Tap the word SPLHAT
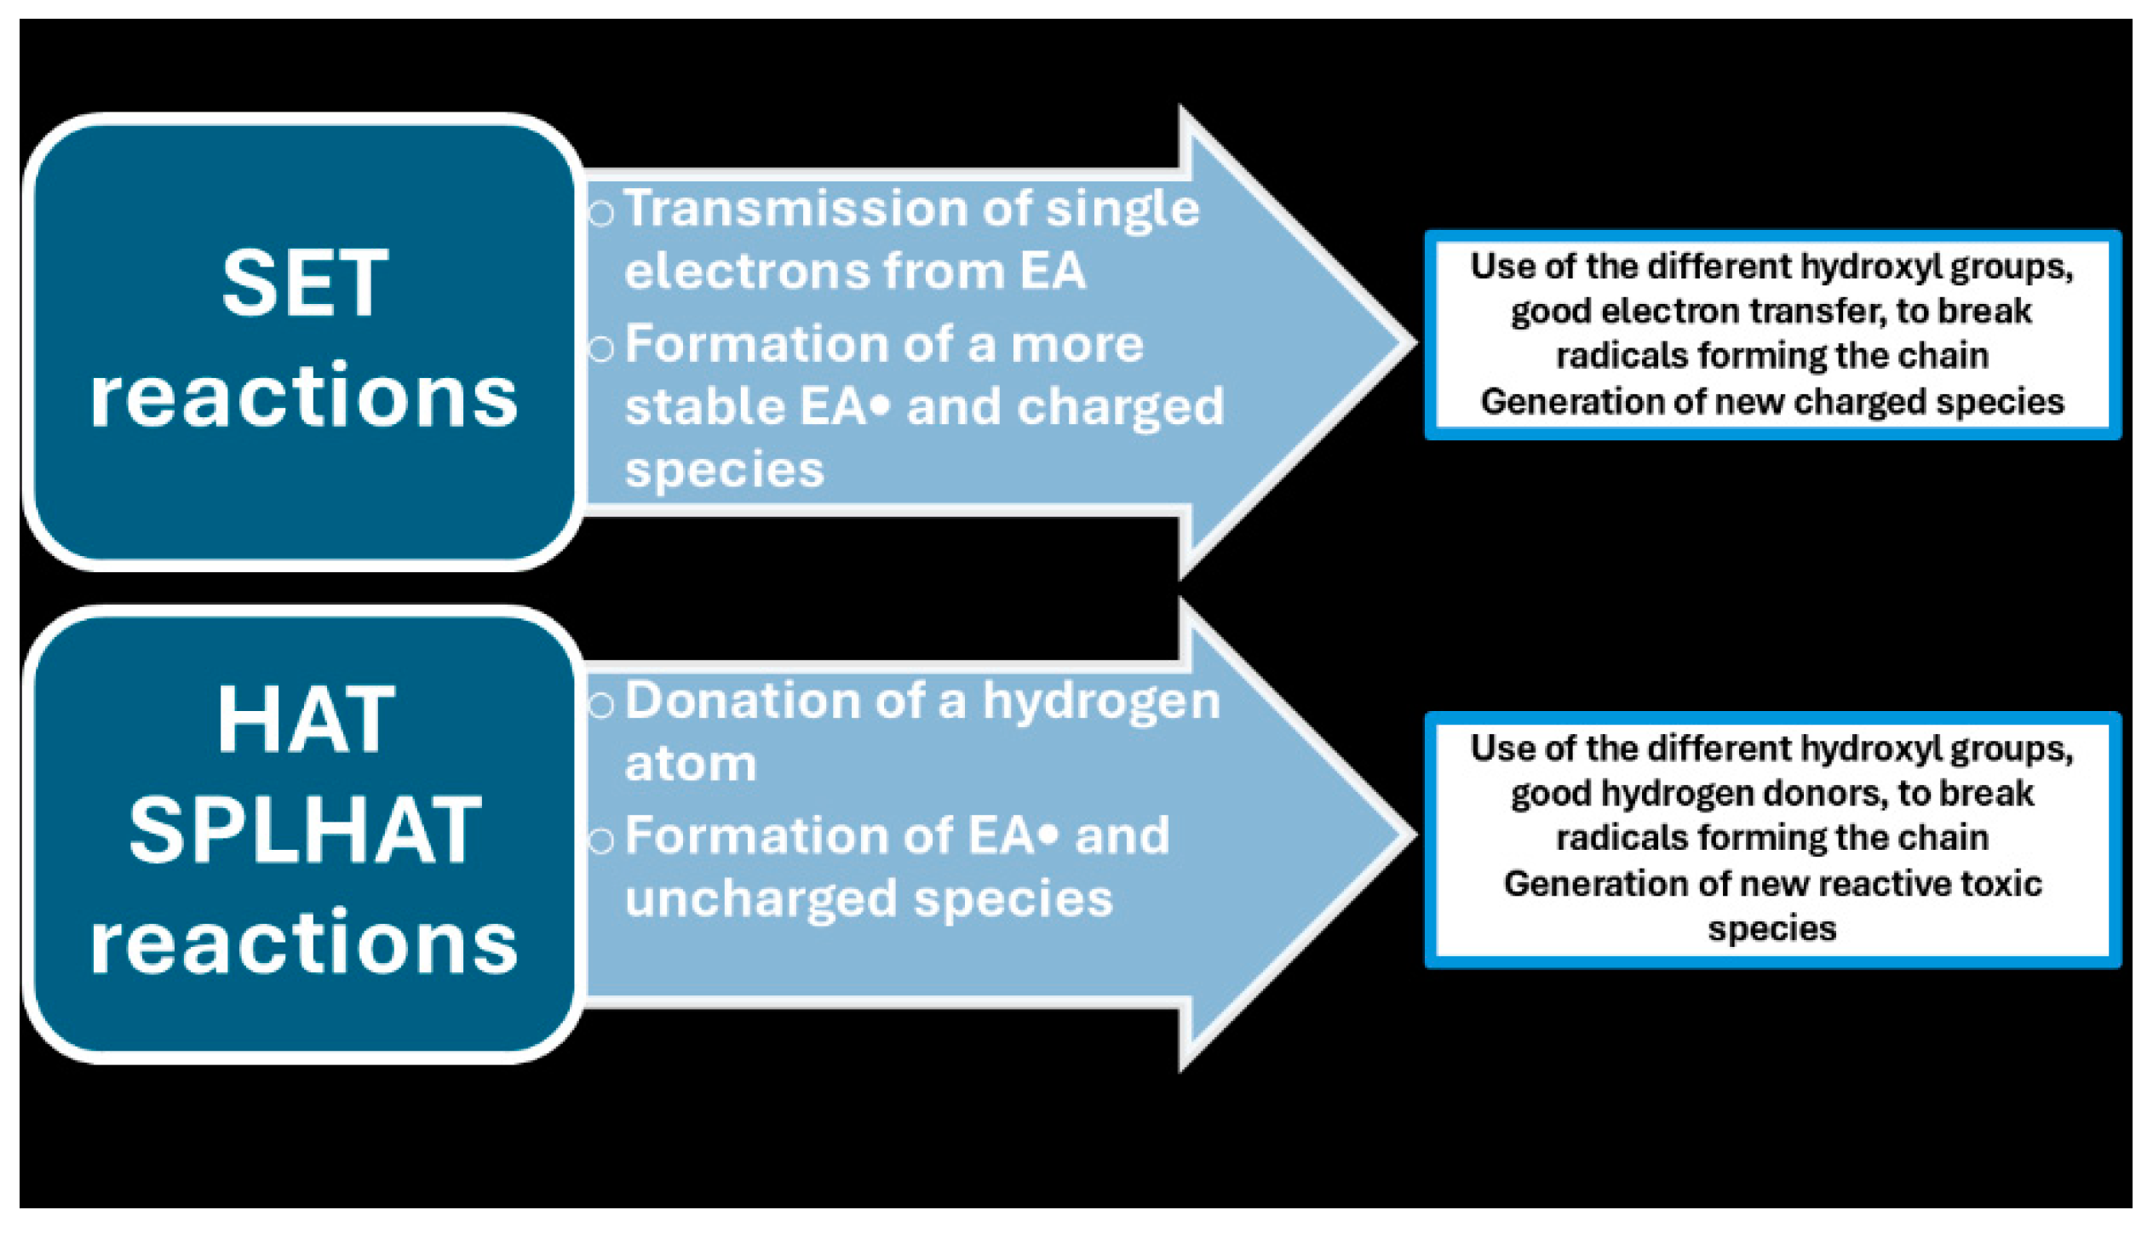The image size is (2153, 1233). tap(305, 830)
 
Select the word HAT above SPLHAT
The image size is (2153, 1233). tap(305, 721)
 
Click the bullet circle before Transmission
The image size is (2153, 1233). tap(600, 213)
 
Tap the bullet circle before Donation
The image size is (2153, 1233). tap(600, 705)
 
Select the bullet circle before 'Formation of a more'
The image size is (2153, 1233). tap(600, 348)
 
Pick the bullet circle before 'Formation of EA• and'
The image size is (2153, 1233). tap(600, 840)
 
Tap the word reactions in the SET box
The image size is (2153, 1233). tap(305, 397)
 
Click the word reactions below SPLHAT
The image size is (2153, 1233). tap(305, 943)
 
